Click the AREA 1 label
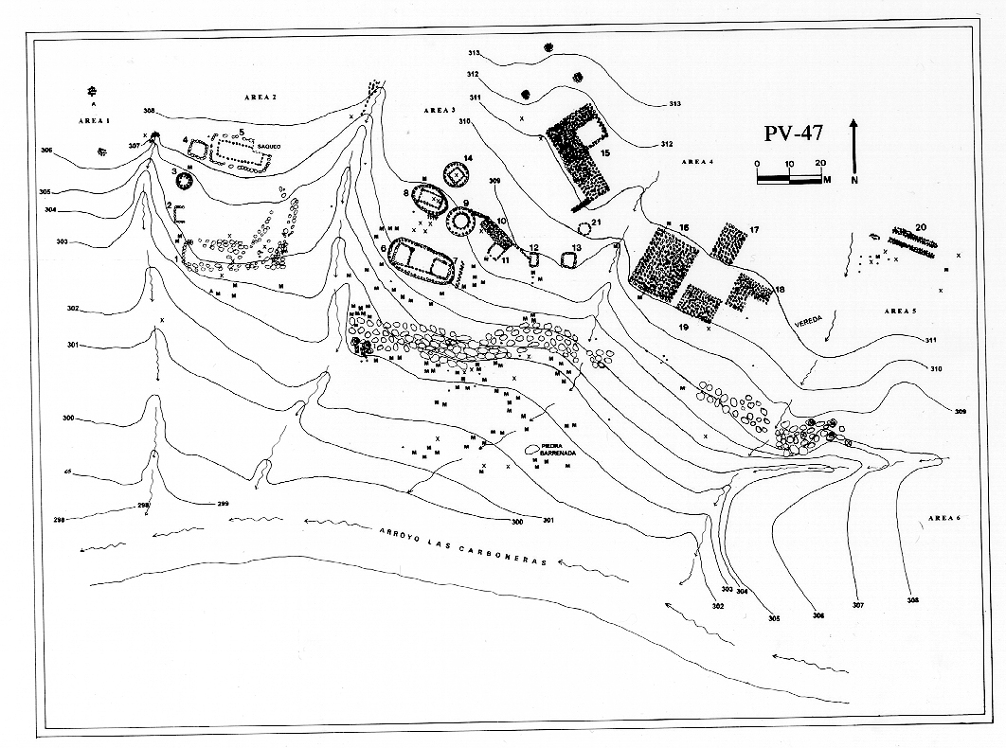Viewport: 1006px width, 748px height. tap(95, 122)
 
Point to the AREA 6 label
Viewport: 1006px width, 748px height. tap(945, 518)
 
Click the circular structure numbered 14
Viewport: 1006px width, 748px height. tap(457, 176)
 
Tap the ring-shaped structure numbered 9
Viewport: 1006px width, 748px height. tap(461, 221)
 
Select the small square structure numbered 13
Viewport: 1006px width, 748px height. tap(569, 258)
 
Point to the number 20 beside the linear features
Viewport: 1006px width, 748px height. tap(921, 228)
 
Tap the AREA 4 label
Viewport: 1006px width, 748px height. tap(696, 162)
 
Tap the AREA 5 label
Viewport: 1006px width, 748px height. tap(900, 311)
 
